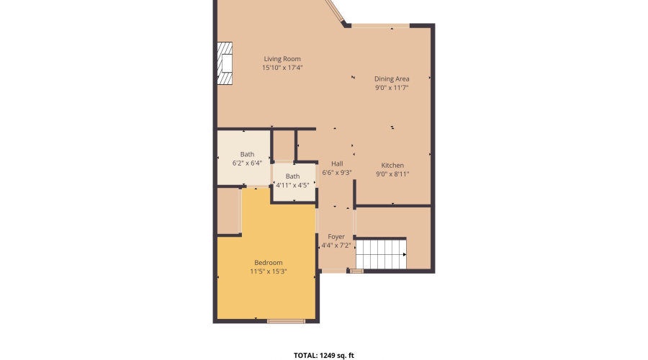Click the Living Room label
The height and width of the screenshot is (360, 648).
[282, 59]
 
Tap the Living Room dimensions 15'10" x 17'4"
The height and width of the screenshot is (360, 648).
[282, 68]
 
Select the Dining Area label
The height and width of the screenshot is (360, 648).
[392, 78]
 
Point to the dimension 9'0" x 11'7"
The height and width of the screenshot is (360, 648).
[392, 88]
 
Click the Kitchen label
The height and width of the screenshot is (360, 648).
[392, 165]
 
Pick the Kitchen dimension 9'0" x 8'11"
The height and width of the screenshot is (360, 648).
[392, 174]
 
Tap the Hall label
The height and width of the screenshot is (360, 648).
[336, 163]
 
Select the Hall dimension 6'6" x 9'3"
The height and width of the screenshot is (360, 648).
[336, 173]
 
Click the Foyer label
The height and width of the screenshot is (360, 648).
[336, 236]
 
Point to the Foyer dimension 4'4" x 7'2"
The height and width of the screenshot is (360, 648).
[336, 246]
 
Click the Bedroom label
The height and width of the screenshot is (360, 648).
[268, 262]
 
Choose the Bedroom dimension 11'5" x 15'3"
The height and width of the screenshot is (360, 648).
[268, 271]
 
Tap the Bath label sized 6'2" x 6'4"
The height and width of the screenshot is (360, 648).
[247, 154]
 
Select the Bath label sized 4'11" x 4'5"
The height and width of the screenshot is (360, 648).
[292, 176]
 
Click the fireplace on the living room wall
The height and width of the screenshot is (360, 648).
[226, 64]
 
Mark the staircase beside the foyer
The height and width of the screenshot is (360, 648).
[382, 254]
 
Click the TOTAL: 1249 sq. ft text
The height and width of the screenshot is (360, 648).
[324, 355]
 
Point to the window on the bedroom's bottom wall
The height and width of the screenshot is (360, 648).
[286, 320]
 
